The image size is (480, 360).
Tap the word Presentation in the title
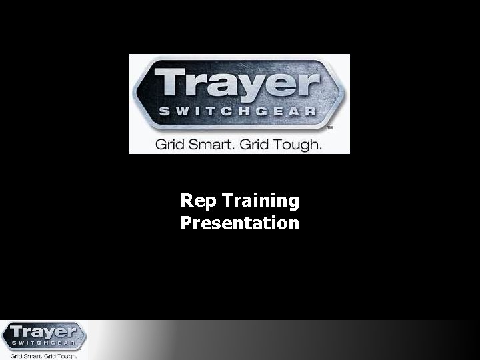tap(240, 223)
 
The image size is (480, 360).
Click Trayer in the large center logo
tap(237, 83)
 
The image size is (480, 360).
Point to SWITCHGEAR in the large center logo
tap(236, 111)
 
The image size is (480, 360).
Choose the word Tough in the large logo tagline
tap(299, 144)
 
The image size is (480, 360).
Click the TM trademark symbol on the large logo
tap(329, 126)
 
